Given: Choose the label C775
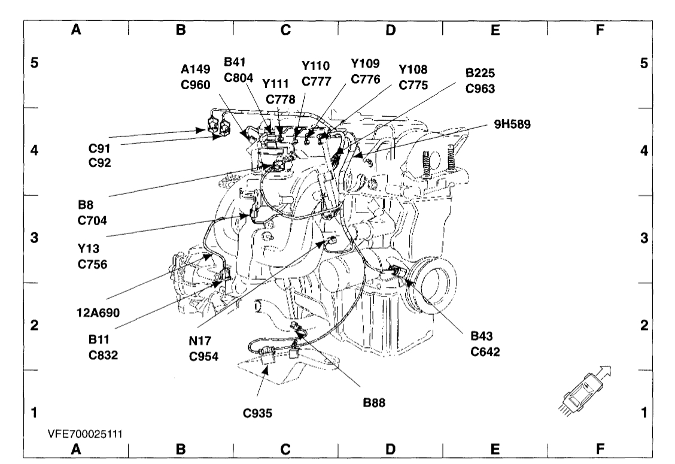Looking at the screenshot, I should coord(413,85).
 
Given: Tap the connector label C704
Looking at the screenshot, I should coord(93,220).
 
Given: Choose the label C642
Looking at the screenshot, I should coord(485,351).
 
